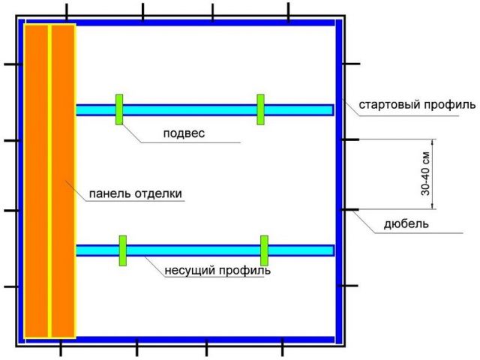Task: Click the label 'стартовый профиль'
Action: point(417,105)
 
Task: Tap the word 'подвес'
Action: point(184,133)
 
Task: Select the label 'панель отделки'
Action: point(135,193)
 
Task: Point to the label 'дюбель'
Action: point(406,224)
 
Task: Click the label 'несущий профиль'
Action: point(217,271)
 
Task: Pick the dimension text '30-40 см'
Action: point(425,174)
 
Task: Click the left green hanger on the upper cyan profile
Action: point(119,109)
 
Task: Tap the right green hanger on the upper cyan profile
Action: point(260,109)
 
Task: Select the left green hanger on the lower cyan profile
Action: point(123,250)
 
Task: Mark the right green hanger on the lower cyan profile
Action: point(264,250)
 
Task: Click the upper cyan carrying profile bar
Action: point(205,110)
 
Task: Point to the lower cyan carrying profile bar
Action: point(205,250)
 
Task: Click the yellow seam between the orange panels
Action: point(49,181)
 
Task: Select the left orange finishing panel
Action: point(36,181)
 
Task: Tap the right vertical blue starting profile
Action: point(338,181)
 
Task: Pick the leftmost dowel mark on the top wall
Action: point(67,12)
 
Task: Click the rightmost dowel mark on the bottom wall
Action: point(282,347)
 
